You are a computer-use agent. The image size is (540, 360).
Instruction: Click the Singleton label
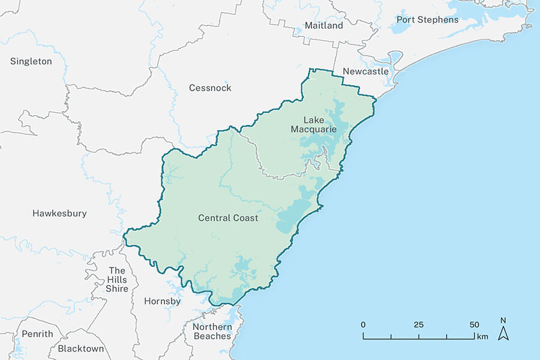pyautogui.click(x=31, y=61)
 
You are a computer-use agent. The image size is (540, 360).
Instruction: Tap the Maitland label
pyautogui.click(x=324, y=26)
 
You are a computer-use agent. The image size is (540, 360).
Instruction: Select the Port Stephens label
pyautogui.click(x=427, y=20)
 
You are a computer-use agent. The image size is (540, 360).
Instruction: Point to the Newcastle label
pyautogui.click(x=366, y=72)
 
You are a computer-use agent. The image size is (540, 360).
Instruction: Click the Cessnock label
pyautogui.click(x=210, y=88)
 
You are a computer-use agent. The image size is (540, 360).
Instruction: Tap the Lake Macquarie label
pyautogui.click(x=314, y=124)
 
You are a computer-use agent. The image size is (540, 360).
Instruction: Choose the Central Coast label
pyautogui.click(x=228, y=218)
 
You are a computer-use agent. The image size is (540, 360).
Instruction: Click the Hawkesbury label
pyautogui.click(x=59, y=214)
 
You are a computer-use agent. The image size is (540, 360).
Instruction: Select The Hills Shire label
pyautogui.click(x=118, y=280)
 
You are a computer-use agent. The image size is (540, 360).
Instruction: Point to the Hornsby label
pyautogui.click(x=163, y=302)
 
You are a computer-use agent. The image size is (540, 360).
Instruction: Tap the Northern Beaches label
pyautogui.click(x=212, y=331)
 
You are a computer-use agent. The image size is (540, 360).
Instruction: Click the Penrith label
pyautogui.click(x=37, y=334)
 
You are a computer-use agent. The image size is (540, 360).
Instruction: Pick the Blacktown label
pyautogui.click(x=81, y=349)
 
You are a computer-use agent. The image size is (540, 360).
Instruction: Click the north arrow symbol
pyautogui.click(x=504, y=334)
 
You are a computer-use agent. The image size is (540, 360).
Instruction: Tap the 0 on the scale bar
pyautogui.click(x=363, y=325)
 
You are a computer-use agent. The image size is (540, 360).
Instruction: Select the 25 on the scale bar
pyautogui.click(x=418, y=325)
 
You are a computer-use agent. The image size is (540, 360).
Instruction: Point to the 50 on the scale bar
pyautogui.click(x=474, y=325)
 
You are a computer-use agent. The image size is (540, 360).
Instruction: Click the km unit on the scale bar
pyautogui.click(x=482, y=336)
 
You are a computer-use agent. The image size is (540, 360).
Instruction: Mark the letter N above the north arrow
pyautogui.click(x=504, y=320)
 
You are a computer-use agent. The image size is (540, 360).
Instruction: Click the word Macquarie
pyautogui.click(x=314, y=129)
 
